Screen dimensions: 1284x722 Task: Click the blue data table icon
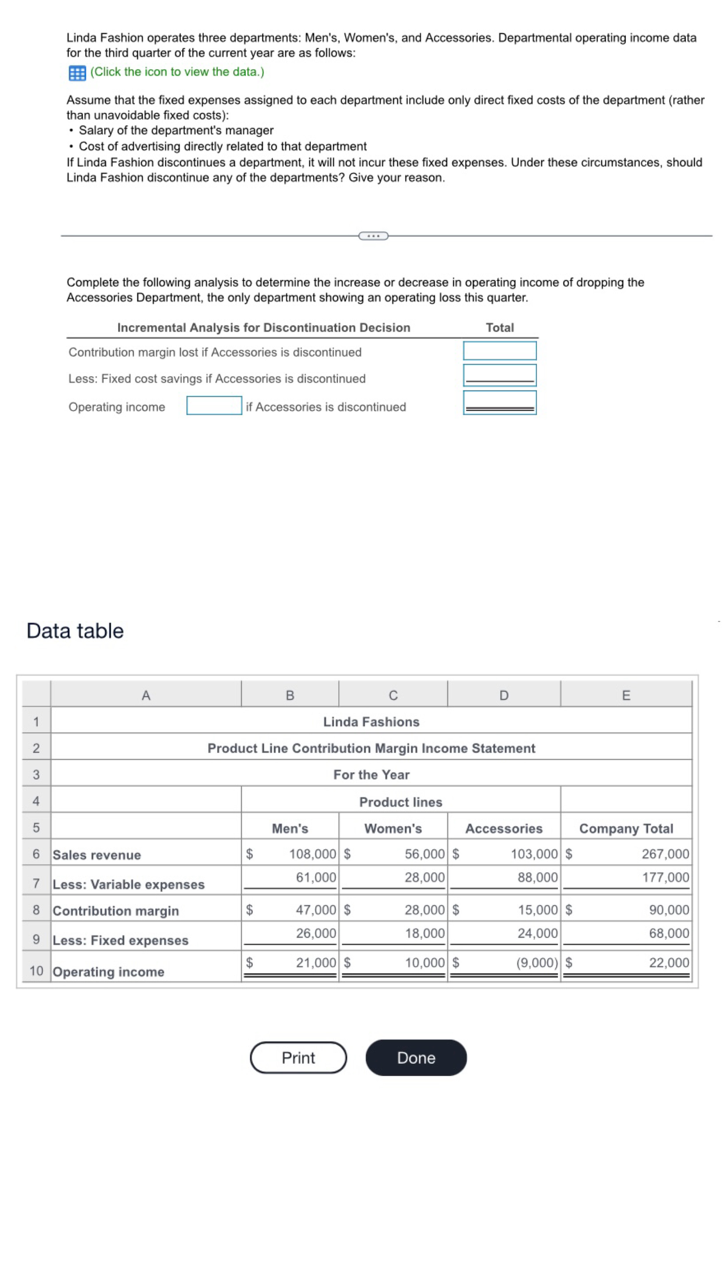tap(77, 73)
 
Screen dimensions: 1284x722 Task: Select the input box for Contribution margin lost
tap(499, 350)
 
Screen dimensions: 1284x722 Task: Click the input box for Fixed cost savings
tap(499, 375)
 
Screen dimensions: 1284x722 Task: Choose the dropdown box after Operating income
tap(214, 405)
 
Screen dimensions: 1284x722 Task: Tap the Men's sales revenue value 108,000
tap(313, 854)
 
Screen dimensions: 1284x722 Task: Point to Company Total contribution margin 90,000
tap(669, 909)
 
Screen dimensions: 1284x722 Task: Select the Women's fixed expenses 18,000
tap(425, 933)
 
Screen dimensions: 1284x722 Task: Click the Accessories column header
tap(503, 829)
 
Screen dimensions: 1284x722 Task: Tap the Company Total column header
tap(626, 829)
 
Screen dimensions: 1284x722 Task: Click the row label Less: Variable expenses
tap(129, 884)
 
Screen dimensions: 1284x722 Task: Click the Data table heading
tap(75, 631)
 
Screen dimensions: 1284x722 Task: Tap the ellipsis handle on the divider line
tap(373, 236)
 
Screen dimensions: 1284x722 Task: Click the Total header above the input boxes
tap(500, 327)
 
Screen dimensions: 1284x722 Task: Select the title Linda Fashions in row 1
tap(371, 722)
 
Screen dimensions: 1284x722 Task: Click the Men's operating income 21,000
tap(316, 962)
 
